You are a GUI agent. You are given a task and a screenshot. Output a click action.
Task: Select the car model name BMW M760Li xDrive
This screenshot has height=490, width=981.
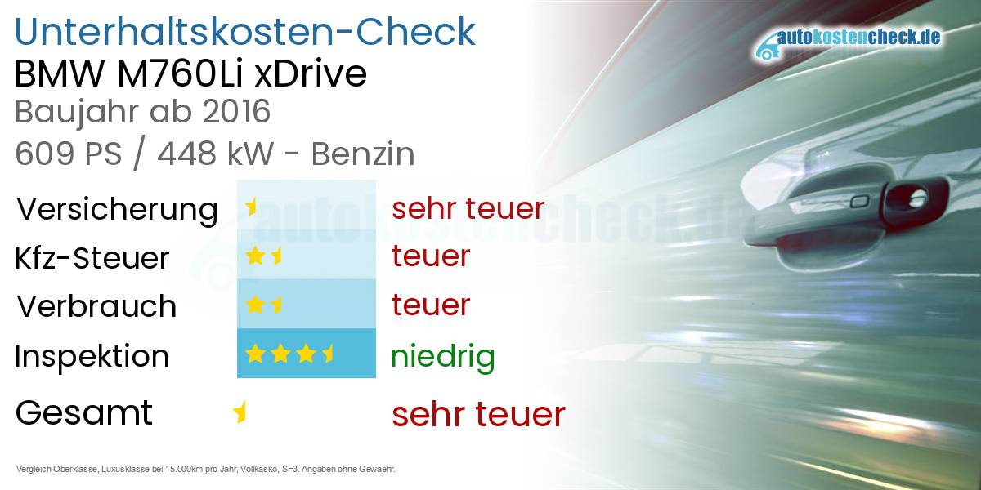(x=191, y=74)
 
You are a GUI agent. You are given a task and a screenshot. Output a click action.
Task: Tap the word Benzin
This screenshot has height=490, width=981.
(x=364, y=154)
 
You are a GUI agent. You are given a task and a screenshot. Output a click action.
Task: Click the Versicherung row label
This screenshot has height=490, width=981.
(x=117, y=209)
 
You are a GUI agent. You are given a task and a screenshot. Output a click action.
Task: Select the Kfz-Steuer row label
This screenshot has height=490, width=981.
(x=92, y=258)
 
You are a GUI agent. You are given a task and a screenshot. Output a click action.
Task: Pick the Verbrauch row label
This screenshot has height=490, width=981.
(x=96, y=306)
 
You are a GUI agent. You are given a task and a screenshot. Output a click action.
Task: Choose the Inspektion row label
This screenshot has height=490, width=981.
(x=92, y=356)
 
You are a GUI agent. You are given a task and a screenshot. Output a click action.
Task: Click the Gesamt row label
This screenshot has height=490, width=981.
(x=83, y=412)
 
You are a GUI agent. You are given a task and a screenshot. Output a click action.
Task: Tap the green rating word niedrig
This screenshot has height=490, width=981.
(x=442, y=356)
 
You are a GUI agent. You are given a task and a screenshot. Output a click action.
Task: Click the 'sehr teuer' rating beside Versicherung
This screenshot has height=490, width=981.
(x=468, y=208)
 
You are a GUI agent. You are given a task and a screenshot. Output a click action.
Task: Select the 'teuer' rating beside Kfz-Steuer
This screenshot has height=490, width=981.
(x=431, y=256)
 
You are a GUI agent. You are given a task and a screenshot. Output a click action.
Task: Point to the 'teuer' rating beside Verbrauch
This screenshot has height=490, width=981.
(x=431, y=305)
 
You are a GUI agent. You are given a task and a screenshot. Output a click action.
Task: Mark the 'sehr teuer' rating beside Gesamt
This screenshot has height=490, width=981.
(x=478, y=414)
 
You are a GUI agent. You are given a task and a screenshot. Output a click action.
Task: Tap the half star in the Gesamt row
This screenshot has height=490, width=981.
(x=240, y=412)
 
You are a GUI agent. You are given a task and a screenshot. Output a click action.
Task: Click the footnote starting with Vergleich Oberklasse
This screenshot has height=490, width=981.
(x=205, y=470)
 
